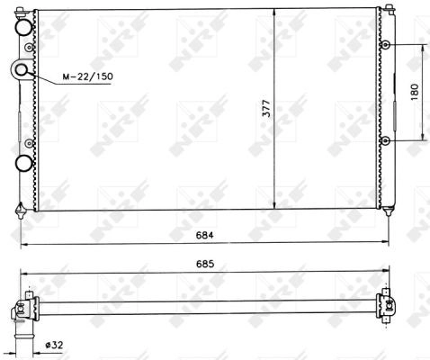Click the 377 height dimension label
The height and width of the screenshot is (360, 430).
tap(266, 108)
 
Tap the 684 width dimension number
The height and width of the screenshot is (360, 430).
tap(205, 235)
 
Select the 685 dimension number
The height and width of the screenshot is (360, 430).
tap(205, 264)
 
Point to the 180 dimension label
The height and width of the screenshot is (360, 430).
tap(415, 92)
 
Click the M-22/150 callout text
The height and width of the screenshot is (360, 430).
tap(88, 76)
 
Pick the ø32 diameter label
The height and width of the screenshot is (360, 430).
tap(54, 345)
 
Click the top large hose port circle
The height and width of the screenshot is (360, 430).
tap(23, 28)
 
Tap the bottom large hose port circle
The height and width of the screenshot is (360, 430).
tap(23, 164)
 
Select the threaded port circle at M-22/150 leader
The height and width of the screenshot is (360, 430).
tap(21, 70)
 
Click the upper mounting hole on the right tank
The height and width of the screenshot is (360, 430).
tap(385, 45)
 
